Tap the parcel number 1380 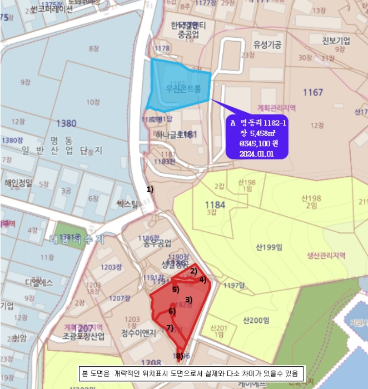click(67, 123)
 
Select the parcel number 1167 click(312, 92)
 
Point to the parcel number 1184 click(215, 205)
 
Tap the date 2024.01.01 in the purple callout click(257, 154)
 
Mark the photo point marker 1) click(150, 189)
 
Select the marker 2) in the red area click(193, 271)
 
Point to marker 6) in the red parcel click(172, 311)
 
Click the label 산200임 click(256, 320)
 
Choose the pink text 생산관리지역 click(326, 256)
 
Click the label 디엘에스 click(39, 282)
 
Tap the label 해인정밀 click(18, 182)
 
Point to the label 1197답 click(234, 286)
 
